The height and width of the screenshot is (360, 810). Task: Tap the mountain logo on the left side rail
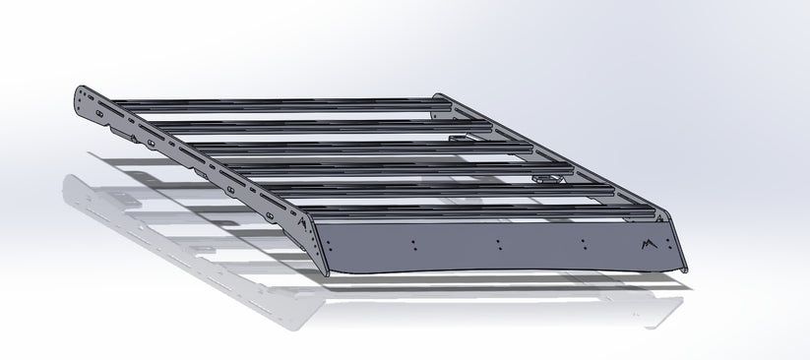click(x=301, y=224)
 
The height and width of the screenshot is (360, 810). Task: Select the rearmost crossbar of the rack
click(x=276, y=100)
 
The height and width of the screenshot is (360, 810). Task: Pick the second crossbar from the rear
click(x=305, y=121)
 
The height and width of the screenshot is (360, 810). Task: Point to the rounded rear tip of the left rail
click(x=79, y=96)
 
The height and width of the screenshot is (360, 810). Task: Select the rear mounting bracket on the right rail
click(x=460, y=140)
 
